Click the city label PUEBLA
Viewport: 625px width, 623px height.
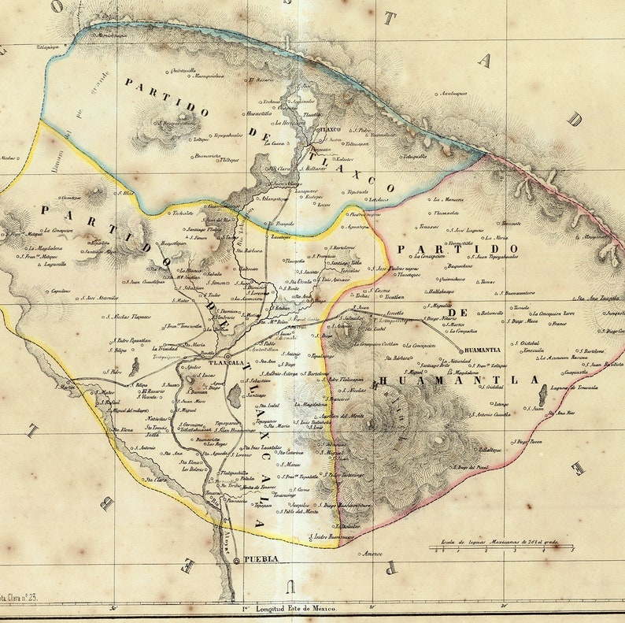pyautogui.click(x=261, y=558)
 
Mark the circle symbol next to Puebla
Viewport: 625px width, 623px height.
pyautogui.click(x=237, y=559)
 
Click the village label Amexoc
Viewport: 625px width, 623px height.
pyautogui.click(x=371, y=553)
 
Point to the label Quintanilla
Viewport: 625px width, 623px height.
pyautogui.click(x=183, y=70)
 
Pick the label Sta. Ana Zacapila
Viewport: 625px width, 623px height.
pyautogui.click(x=597, y=298)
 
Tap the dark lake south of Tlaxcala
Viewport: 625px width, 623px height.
pyautogui.click(x=235, y=395)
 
